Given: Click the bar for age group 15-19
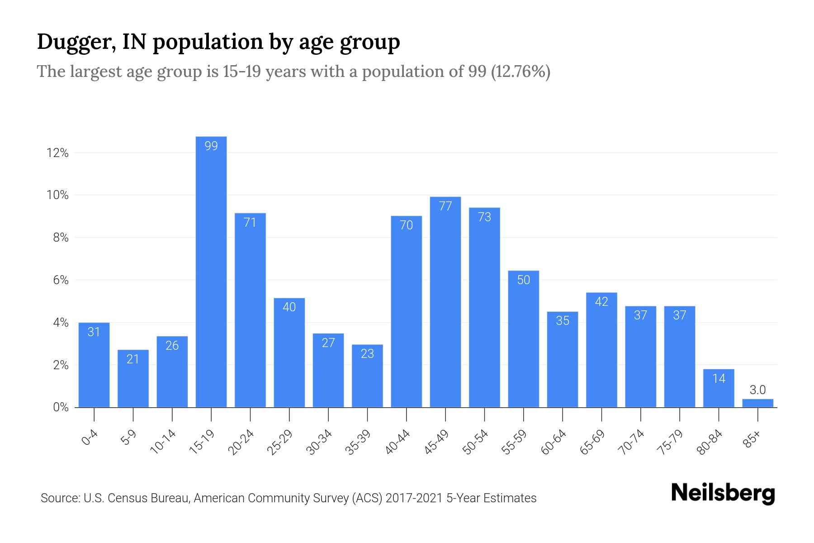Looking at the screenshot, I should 211,271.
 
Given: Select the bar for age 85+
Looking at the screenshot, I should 757,403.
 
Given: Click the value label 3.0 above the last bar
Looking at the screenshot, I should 757,390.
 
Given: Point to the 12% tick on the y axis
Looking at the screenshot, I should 57,153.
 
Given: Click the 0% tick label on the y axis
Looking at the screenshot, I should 61,407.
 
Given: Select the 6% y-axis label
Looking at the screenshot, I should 61,280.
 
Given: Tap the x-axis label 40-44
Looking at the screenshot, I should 398,442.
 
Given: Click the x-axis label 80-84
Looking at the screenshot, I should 710,442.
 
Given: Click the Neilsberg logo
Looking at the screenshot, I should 723,493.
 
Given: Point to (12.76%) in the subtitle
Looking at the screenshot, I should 521,71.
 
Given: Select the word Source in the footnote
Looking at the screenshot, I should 59,498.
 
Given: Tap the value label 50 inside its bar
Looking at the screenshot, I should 523,280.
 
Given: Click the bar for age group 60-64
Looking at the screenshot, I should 562,359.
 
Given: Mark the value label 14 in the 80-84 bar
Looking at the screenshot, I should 719,378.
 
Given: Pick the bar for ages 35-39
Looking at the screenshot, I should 367,376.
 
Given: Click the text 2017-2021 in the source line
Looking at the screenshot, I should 414,498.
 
